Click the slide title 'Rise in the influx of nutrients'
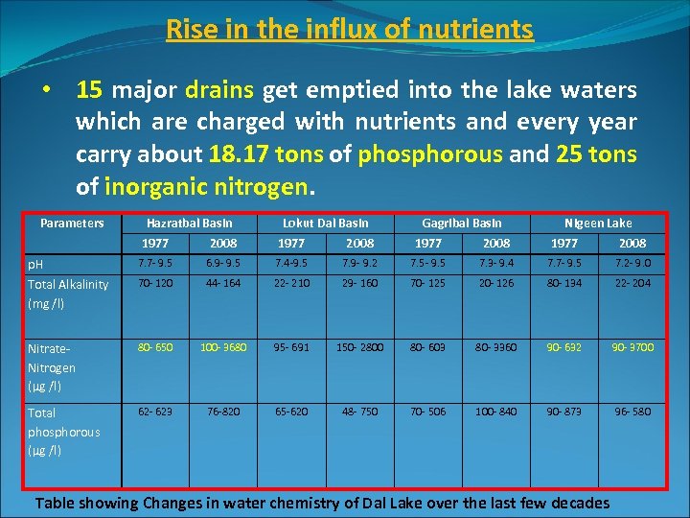coord(350,30)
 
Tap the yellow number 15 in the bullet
coord(90,91)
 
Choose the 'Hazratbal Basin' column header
coord(189,223)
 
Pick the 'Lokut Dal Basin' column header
coord(325,223)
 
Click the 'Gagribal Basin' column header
coord(462,223)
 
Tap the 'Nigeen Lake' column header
coord(598,223)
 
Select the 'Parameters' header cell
coord(72,223)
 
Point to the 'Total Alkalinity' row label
coord(68,285)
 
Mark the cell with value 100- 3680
coord(223,346)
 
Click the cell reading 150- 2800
coord(359,346)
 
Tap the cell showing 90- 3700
coord(632,346)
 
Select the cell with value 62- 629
coord(155,412)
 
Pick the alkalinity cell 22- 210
coord(291,283)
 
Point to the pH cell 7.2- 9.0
coord(632,262)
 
